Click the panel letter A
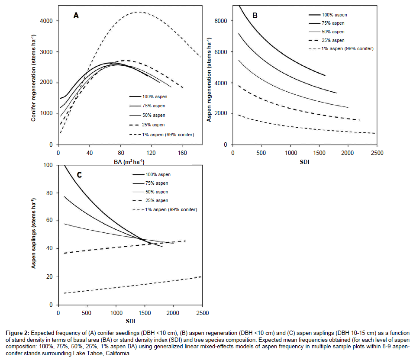point(76,16)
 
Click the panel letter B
point(255,16)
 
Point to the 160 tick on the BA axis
point(183,152)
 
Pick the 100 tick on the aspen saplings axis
point(48,165)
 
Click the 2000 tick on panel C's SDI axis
point(174,313)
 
